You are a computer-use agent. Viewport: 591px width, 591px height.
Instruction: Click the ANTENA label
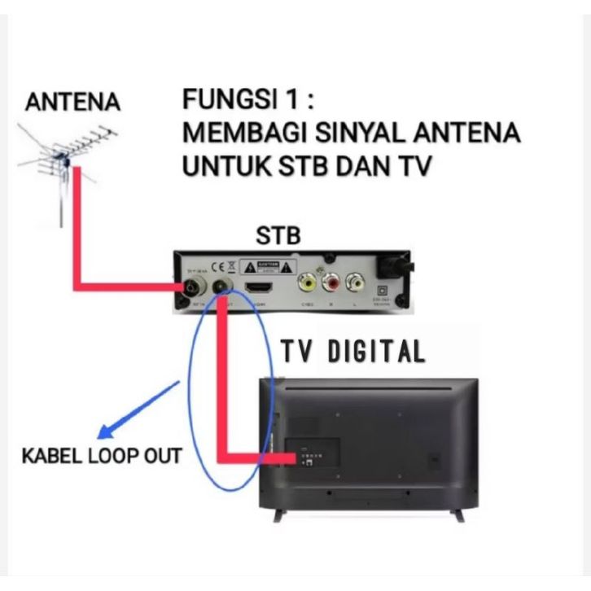pos(73,103)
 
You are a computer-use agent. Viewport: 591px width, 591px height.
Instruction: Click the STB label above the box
pos(278,236)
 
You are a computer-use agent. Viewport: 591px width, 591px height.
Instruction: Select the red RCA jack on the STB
pos(331,283)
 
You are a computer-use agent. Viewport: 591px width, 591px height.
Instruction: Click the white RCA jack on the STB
pos(355,283)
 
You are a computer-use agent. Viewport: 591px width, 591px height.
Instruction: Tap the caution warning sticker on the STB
pos(274,267)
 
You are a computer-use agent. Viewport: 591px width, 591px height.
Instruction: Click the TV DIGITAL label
pos(353,352)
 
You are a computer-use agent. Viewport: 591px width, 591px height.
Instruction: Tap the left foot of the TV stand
pos(278,516)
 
